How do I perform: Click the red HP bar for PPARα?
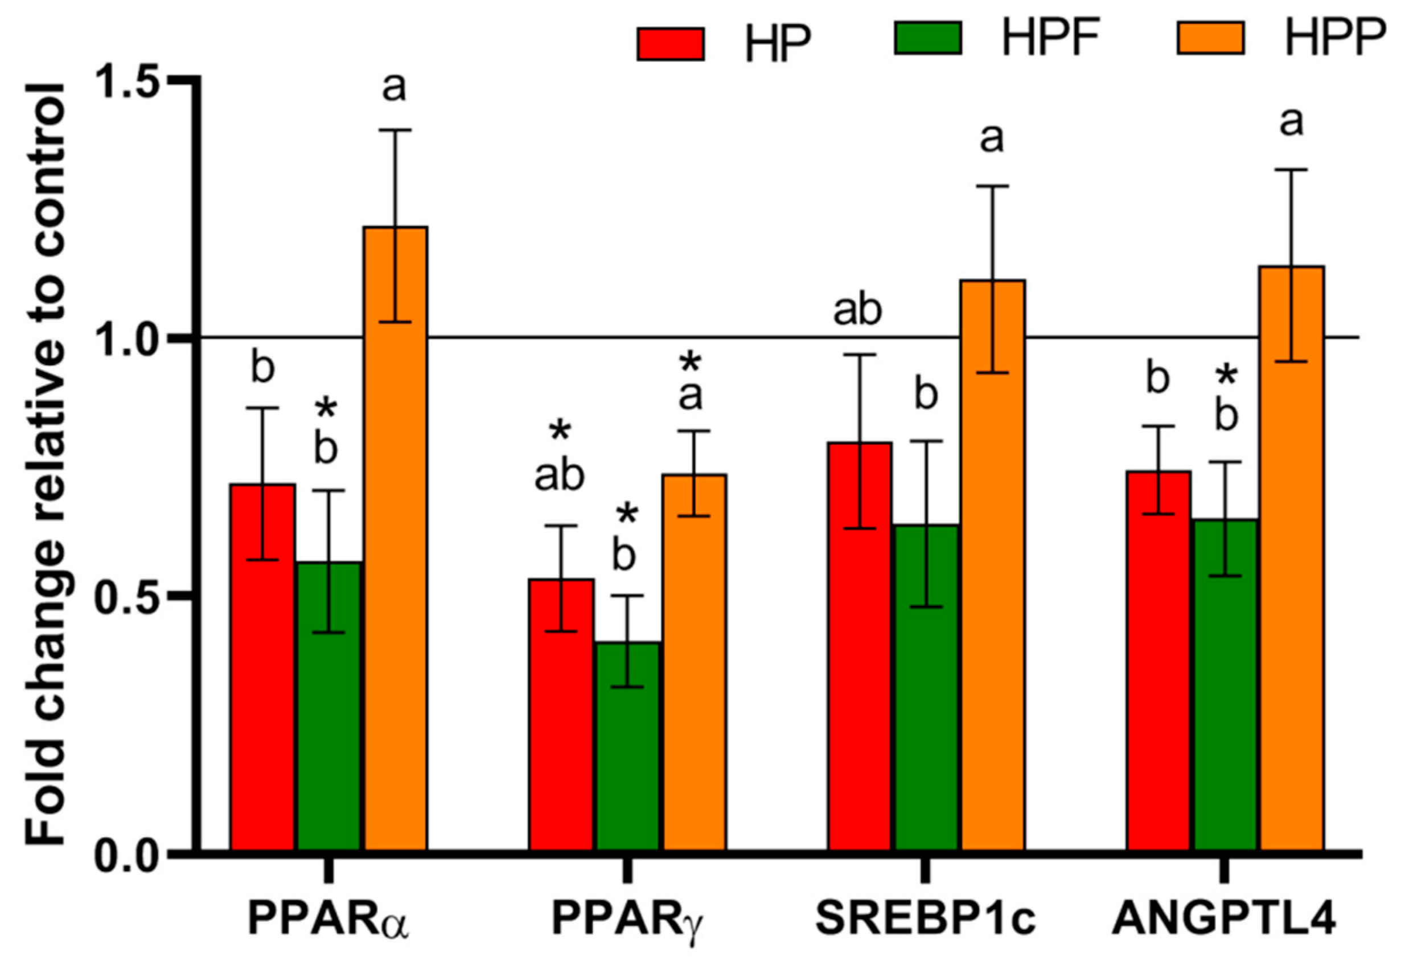(262, 667)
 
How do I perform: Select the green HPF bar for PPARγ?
(627, 746)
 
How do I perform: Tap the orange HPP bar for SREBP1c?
(992, 564)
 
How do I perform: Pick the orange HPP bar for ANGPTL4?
(1292, 558)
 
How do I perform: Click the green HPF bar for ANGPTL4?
(1226, 686)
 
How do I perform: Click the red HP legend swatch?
(670, 44)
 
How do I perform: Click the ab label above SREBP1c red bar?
(857, 311)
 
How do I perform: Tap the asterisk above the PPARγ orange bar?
(690, 363)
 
